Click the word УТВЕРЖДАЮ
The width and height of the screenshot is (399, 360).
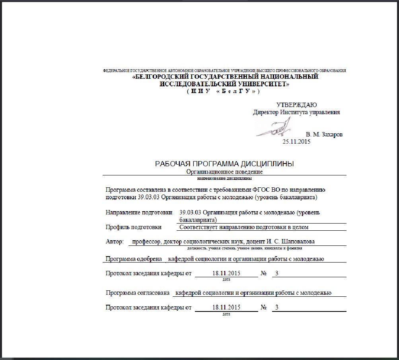click(296, 105)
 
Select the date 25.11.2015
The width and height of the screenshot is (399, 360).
click(296, 142)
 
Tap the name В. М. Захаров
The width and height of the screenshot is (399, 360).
click(324, 134)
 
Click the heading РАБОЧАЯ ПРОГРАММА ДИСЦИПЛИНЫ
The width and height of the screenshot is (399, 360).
click(224, 164)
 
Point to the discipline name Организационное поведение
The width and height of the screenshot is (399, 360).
click(224, 172)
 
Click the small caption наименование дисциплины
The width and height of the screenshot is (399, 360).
click(224, 179)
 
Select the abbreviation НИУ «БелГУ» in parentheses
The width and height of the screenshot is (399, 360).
click(224, 91)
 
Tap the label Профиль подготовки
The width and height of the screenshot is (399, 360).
click(133, 227)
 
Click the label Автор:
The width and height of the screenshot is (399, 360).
click(115, 241)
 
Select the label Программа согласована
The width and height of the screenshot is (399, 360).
click(138, 293)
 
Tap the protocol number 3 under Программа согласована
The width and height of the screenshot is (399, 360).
click(277, 307)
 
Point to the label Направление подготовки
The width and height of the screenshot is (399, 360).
click(139, 212)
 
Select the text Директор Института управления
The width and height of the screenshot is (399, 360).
click(296, 112)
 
